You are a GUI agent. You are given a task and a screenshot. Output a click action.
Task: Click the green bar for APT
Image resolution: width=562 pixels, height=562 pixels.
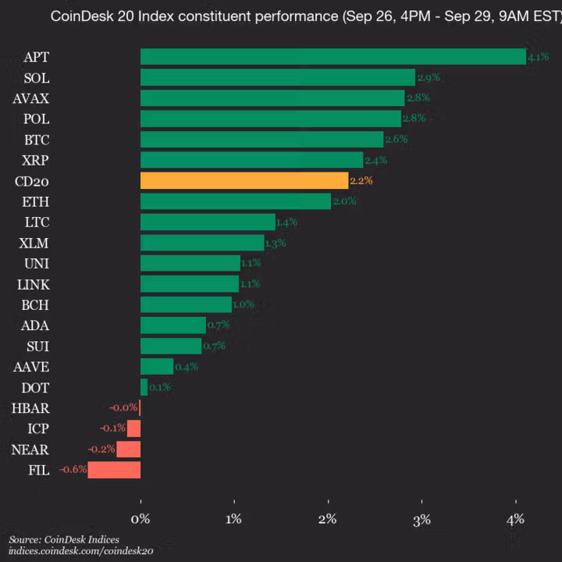tap(333, 57)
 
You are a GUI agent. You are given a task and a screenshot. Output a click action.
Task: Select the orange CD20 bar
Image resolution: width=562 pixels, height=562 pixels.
tap(244, 180)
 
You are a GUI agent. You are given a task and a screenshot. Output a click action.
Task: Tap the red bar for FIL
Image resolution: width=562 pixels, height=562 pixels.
tap(114, 470)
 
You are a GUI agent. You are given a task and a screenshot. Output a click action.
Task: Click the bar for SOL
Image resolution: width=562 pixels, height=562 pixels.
tap(277, 77)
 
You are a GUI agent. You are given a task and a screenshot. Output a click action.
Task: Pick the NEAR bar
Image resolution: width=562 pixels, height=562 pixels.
tap(129, 449)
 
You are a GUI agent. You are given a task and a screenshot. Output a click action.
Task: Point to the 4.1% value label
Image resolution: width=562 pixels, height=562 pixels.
tap(538, 57)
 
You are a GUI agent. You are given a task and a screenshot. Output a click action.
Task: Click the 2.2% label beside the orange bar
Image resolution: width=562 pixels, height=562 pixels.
tap(361, 180)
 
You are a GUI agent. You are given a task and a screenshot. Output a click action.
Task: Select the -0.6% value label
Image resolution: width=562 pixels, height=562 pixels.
tap(73, 470)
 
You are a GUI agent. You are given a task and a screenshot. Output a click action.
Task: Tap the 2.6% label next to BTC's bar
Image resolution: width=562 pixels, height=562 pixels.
tap(396, 139)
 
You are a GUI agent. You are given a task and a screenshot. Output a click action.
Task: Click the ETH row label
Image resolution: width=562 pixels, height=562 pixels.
tap(37, 201)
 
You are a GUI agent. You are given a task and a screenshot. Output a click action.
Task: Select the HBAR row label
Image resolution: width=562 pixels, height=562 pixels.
tap(30, 407)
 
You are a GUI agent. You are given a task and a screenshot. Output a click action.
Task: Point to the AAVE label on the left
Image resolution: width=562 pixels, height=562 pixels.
tap(31, 366)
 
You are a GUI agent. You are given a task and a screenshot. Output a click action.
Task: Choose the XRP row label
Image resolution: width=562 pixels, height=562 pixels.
tap(36, 160)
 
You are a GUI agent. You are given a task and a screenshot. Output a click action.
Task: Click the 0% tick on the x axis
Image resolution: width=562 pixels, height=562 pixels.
tap(140, 519)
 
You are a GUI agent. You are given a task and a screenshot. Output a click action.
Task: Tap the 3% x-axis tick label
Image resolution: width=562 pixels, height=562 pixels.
tap(421, 519)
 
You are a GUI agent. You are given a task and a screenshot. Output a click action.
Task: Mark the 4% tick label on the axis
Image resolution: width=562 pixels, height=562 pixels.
tap(515, 519)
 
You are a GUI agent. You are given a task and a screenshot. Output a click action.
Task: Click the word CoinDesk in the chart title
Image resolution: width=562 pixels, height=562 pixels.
tap(80, 16)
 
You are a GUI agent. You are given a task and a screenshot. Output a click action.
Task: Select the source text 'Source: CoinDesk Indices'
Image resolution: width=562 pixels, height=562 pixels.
tap(65, 539)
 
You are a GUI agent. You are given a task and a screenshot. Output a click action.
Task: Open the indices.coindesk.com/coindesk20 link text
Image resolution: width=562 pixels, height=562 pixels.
tap(81, 551)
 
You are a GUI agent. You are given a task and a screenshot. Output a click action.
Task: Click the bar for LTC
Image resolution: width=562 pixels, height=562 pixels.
tap(208, 222)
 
